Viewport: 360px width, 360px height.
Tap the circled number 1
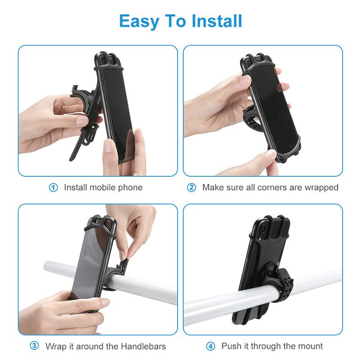[x=54, y=188]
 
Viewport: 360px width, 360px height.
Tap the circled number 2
[x=192, y=188]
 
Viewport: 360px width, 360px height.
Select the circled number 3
[x=35, y=346]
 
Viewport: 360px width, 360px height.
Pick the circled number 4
[x=211, y=346]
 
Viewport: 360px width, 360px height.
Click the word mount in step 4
[x=309, y=346]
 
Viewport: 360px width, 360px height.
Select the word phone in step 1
[x=130, y=187]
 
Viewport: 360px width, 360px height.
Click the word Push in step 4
[x=230, y=346]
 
